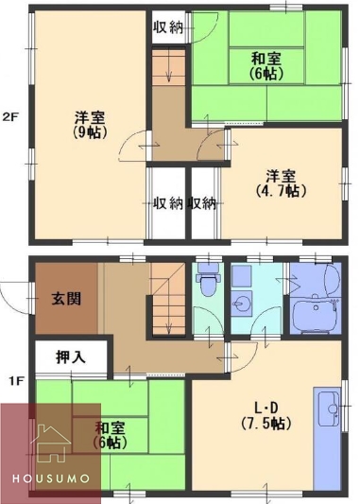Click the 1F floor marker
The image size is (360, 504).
(x=15, y=381)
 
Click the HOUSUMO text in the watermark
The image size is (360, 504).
(x=50, y=478)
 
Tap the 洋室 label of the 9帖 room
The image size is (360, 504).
(x=91, y=117)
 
